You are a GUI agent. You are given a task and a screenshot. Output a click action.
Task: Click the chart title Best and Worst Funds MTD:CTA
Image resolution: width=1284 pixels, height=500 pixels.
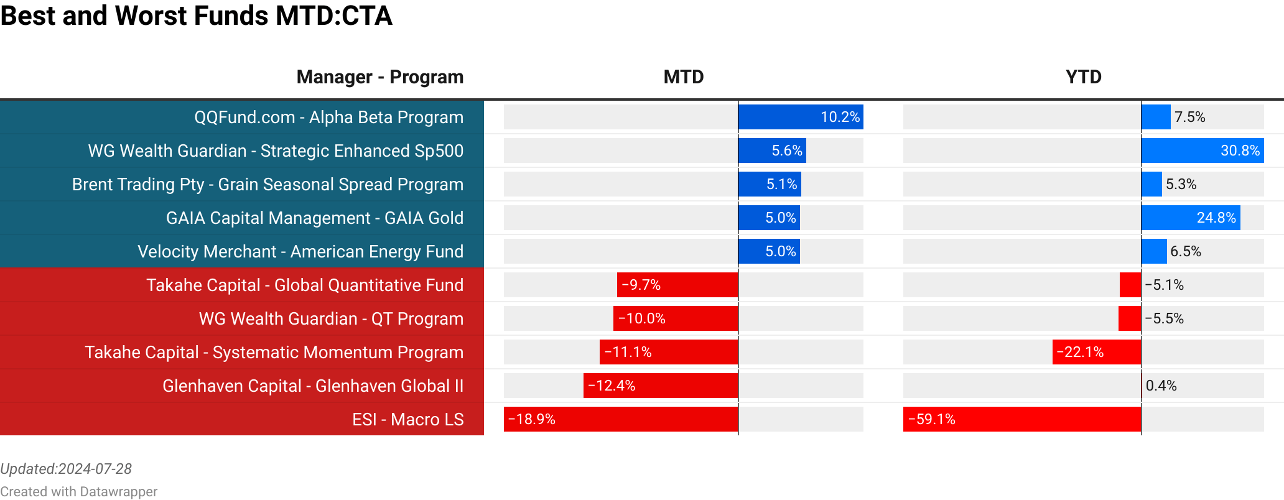pos(196,16)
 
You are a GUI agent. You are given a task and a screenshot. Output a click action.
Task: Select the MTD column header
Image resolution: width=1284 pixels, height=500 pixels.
pos(683,77)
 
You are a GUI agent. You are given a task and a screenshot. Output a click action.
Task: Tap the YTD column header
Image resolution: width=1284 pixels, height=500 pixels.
pos(1083,77)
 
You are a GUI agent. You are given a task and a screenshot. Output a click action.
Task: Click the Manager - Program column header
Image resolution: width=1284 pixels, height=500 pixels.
pos(379,77)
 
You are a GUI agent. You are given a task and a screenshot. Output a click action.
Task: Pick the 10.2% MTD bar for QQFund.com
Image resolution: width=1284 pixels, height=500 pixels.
pos(801,117)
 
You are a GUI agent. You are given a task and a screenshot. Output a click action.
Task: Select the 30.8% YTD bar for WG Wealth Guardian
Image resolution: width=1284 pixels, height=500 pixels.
pos(1203,150)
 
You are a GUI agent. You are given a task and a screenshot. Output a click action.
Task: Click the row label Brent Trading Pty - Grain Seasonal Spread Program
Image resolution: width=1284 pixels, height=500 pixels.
pos(267,185)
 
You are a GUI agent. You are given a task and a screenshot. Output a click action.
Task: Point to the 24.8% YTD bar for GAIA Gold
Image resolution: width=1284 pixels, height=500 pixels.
pos(1191,218)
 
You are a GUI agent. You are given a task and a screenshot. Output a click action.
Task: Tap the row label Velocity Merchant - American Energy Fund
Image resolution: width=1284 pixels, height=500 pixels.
pos(300,252)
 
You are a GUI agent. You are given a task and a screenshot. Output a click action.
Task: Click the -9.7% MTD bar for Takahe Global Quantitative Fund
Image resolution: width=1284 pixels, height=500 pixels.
pos(677,285)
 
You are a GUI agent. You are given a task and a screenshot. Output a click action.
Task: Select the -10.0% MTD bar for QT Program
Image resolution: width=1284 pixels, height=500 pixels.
pos(676,318)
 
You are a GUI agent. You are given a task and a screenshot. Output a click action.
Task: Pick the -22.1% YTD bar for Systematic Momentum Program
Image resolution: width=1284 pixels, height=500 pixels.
pos(1097,352)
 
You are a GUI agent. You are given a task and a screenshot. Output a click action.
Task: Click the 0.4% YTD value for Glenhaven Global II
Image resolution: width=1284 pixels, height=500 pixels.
pos(1161,386)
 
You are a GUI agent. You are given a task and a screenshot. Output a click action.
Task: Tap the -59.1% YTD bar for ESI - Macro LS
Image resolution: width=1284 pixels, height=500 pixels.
pos(1022,419)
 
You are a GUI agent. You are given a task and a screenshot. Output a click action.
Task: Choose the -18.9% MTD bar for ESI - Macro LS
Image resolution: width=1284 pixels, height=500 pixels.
pos(621,419)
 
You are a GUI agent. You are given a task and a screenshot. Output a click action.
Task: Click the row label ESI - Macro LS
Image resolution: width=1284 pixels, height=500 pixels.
pos(407,420)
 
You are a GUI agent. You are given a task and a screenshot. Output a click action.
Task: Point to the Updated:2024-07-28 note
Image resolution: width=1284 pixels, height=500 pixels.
pos(66,469)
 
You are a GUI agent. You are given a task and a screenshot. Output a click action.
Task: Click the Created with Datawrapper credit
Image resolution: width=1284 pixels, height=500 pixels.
pos(78,492)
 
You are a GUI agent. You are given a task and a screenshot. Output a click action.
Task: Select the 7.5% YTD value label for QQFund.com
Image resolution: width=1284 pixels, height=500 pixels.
pos(1189,117)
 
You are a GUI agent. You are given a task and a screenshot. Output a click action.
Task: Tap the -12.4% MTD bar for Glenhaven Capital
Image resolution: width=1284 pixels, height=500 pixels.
pos(661,386)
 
